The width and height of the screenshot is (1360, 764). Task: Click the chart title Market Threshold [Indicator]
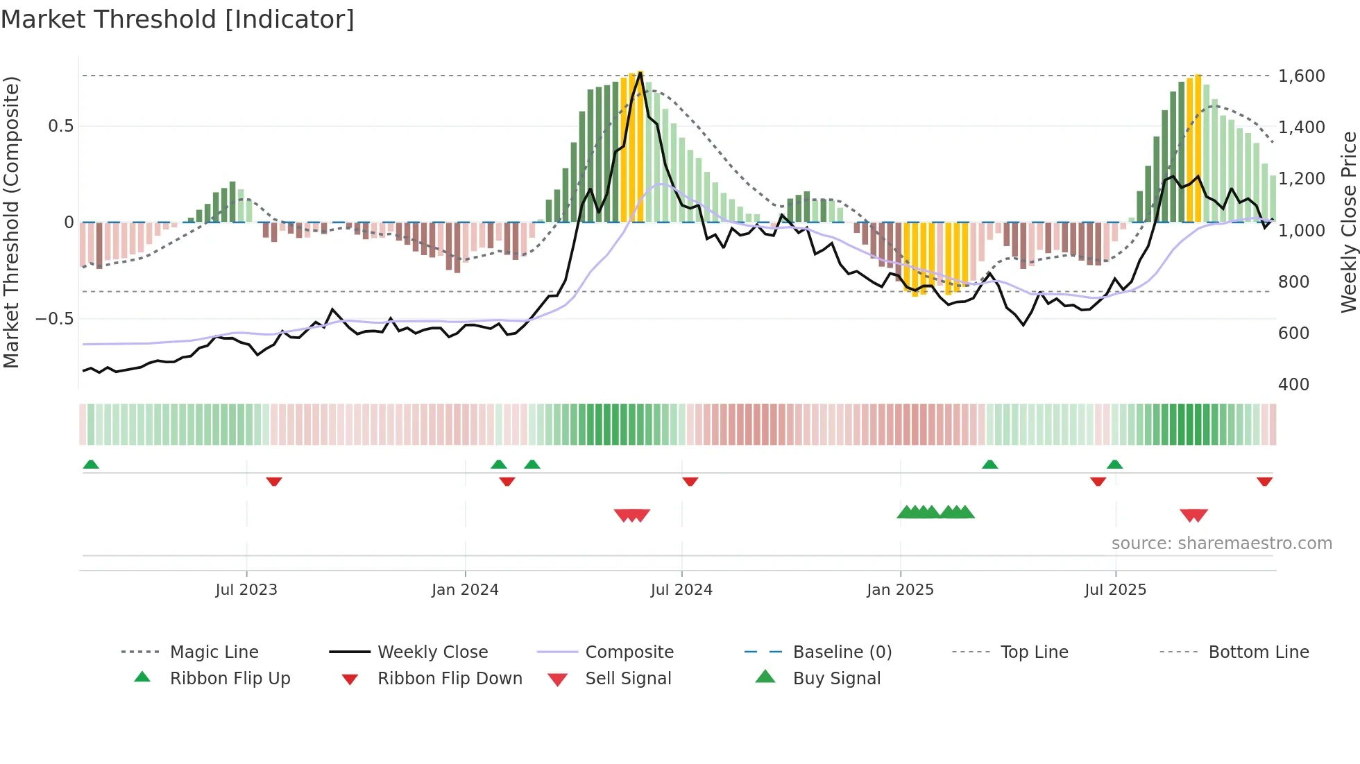click(x=178, y=19)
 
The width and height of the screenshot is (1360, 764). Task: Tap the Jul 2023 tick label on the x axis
click(x=246, y=590)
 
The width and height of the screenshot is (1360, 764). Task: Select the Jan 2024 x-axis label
click(x=465, y=590)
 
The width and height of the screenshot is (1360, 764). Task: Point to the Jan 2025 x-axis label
click(x=900, y=590)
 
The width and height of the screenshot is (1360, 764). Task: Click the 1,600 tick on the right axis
click(x=1301, y=76)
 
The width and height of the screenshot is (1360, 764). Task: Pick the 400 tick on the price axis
click(x=1293, y=385)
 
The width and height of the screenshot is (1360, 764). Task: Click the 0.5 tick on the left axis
click(x=60, y=126)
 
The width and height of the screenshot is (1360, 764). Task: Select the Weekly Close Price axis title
click(x=1348, y=222)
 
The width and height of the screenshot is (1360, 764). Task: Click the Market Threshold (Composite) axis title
click(x=11, y=222)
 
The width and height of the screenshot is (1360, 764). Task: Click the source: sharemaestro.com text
click(x=1221, y=544)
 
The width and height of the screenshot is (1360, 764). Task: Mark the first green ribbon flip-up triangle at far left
click(x=91, y=465)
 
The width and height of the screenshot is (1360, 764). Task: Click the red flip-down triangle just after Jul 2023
click(x=274, y=481)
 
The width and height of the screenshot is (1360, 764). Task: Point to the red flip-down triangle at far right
click(x=1264, y=481)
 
